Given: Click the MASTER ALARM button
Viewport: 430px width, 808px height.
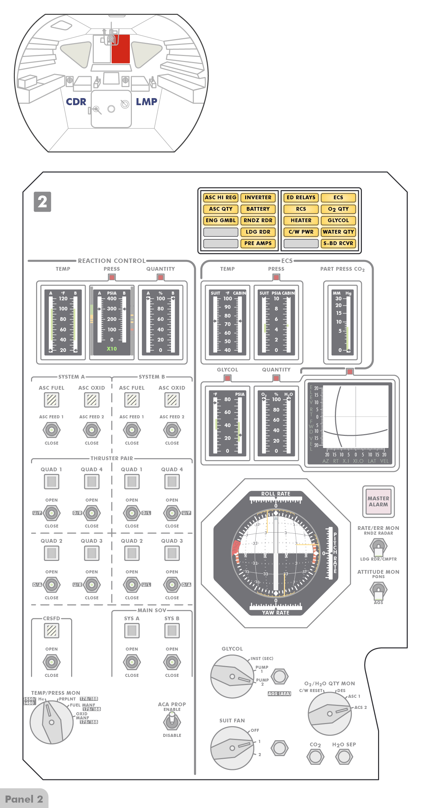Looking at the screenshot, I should click(x=378, y=501).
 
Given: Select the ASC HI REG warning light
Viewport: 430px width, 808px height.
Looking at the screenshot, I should click(x=221, y=198).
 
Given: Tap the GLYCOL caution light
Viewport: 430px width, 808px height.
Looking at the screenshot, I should click(x=338, y=220).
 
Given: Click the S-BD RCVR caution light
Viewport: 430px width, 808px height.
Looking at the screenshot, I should click(x=338, y=243).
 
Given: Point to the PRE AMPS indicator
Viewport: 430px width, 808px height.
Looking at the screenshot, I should click(x=258, y=243).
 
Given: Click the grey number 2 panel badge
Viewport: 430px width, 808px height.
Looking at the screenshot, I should click(x=42, y=202).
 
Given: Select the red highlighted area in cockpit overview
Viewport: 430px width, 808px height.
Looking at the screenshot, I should click(x=121, y=49).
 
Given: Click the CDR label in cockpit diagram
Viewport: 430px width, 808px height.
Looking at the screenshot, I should click(x=76, y=102).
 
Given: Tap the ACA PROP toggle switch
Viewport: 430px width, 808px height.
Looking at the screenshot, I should click(x=172, y=722).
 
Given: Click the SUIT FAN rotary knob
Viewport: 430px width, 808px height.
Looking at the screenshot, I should click(x=232, y=748).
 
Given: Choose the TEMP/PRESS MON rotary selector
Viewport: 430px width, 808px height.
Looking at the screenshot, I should click(x=52, y=722).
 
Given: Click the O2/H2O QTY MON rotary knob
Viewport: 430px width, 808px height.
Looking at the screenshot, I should click(x=329, y=713).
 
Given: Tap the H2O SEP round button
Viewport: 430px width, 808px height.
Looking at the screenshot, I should click(x=344, y=757).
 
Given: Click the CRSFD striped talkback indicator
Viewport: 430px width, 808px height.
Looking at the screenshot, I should click(x=52, y=631).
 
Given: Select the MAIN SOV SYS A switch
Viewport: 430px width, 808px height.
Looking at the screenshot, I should click(x=132, y=662).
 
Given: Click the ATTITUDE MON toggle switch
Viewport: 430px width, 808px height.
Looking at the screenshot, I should click(x=378, y=590).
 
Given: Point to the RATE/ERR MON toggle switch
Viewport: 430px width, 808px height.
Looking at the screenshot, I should click(x=378, y=546).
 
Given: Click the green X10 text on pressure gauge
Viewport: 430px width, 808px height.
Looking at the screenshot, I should click(x=112, y=349).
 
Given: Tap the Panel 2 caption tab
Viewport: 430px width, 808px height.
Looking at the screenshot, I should click(x=24, y=799).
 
